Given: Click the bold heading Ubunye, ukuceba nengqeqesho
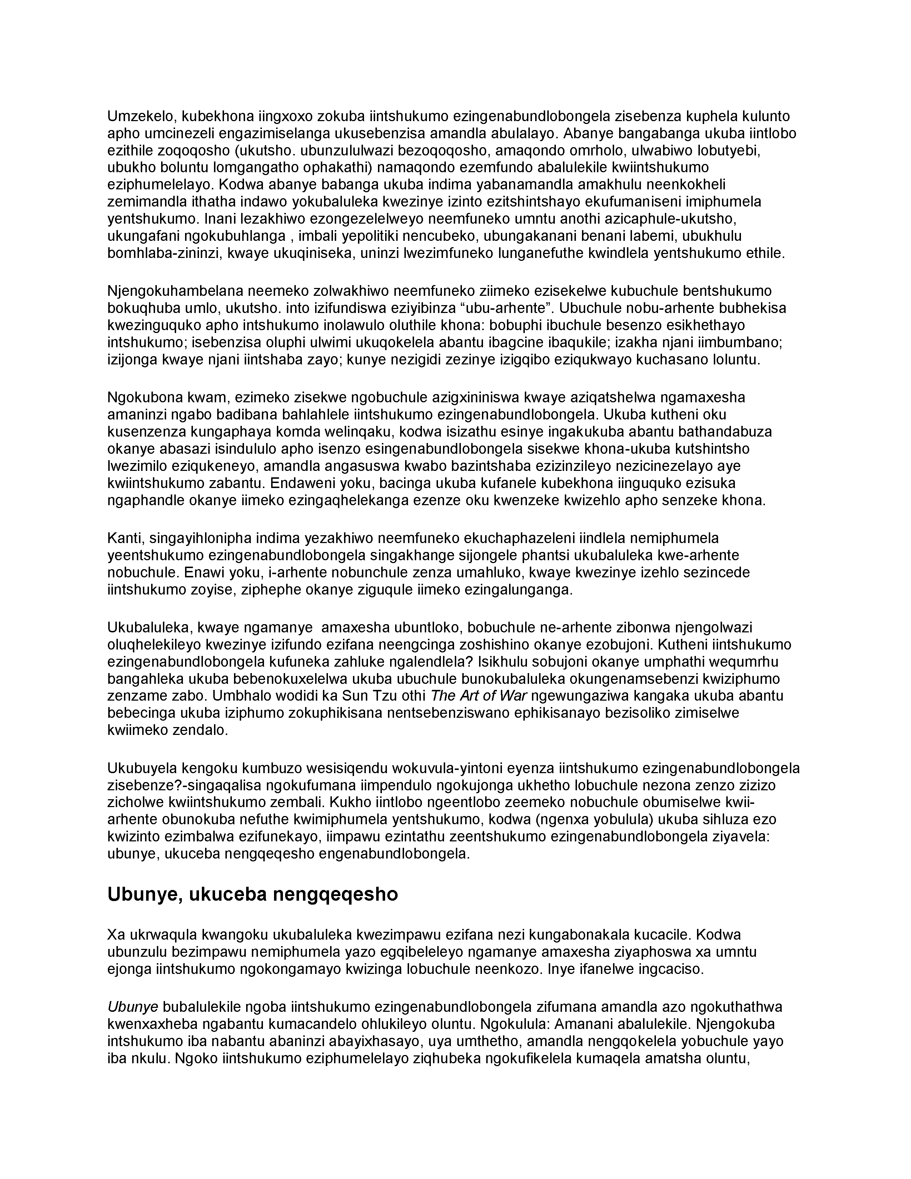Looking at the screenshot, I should (253, 895).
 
